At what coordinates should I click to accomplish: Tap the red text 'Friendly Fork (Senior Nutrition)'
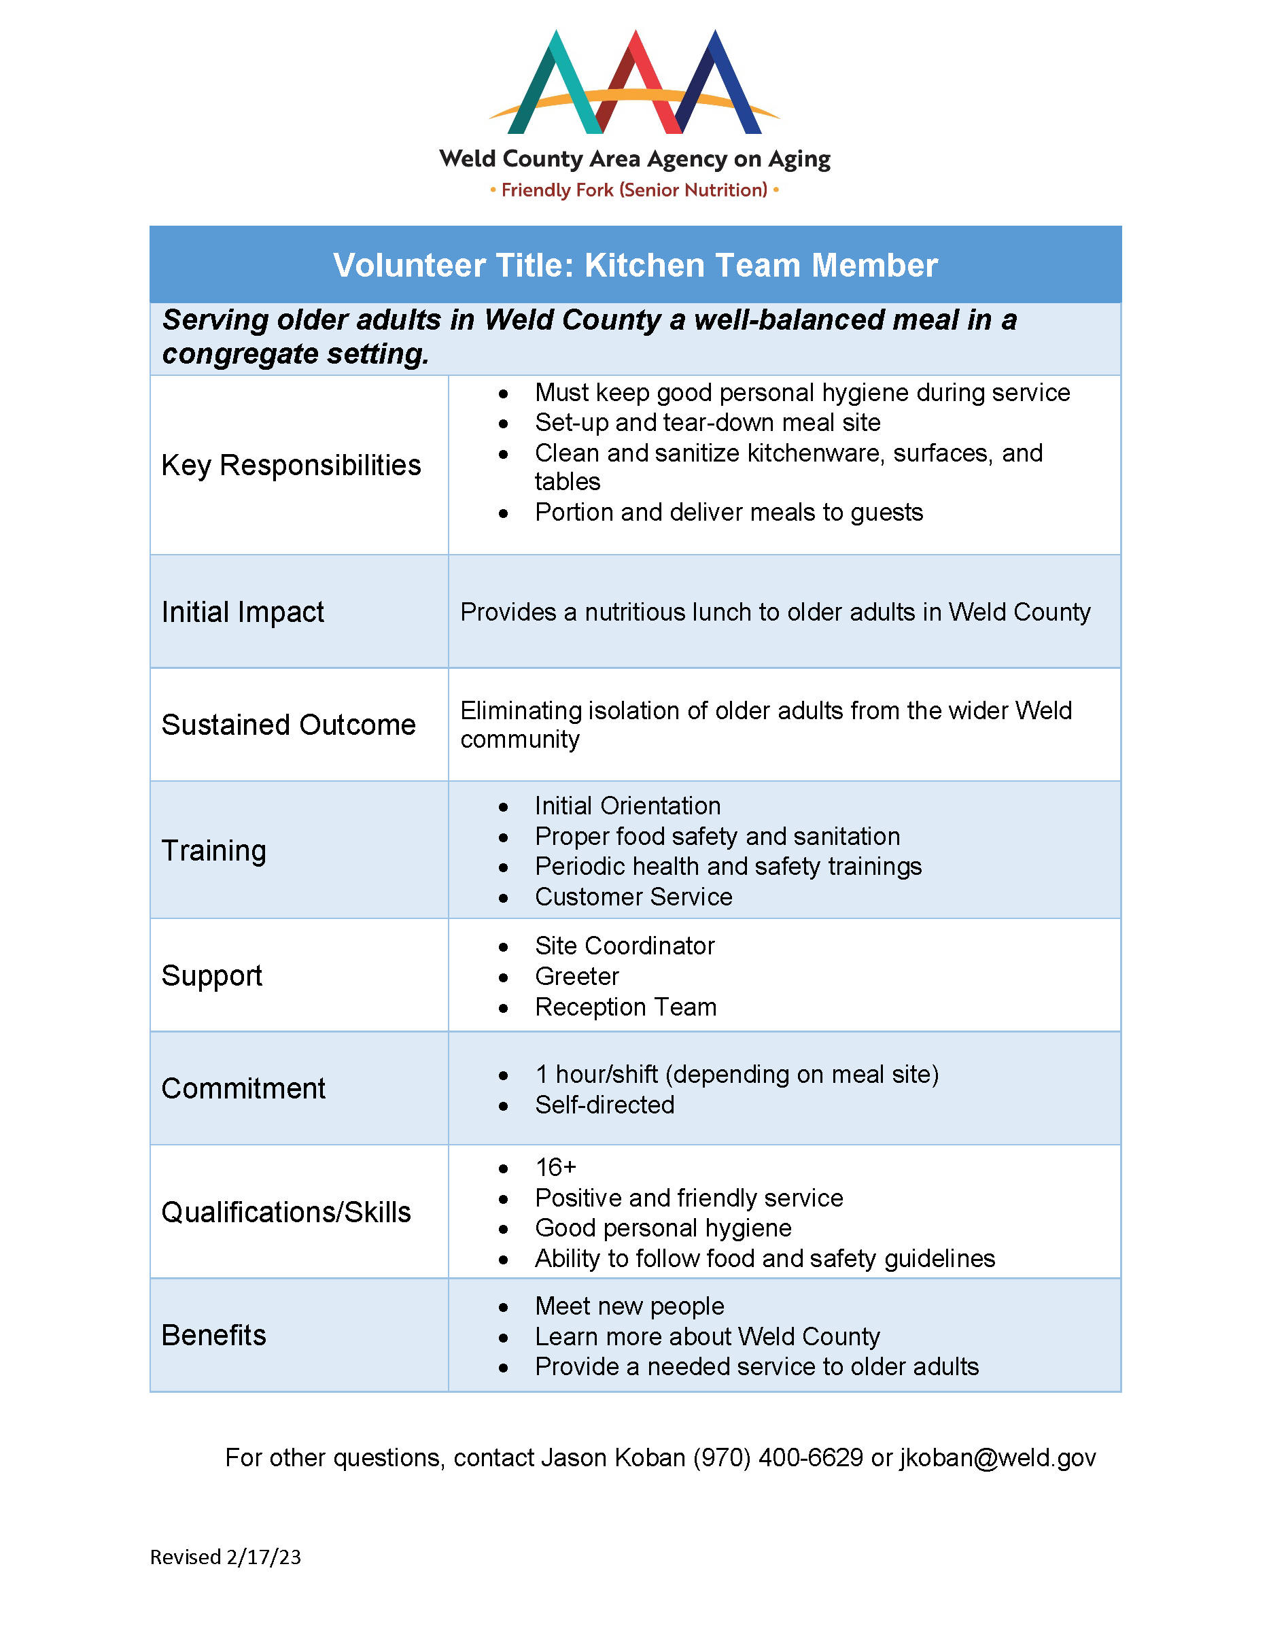coord(634,190)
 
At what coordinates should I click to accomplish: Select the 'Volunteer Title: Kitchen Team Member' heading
coord(635,265)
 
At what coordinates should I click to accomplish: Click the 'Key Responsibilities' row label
coord(291,466)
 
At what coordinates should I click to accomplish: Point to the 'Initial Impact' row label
coord(243,612)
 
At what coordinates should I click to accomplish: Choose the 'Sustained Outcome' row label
coord(288,725)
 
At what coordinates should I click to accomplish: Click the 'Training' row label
coord(214,850)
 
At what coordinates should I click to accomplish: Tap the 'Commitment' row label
coord(243,1088)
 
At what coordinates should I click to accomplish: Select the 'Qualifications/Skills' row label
coord(286,1212)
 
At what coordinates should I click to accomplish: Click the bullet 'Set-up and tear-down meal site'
coord(707,423)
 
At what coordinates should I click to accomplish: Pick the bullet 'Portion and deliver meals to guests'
coord(728,512)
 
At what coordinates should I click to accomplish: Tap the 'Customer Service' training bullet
coord(633,897)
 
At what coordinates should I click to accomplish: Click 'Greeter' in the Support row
coord(577,976)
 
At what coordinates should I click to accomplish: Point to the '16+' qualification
coord(555,1166)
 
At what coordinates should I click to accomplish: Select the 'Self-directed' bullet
coord(605,1105)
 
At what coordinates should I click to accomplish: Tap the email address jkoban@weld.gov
coord(997,1457)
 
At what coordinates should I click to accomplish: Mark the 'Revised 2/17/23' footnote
coord(225,1557)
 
